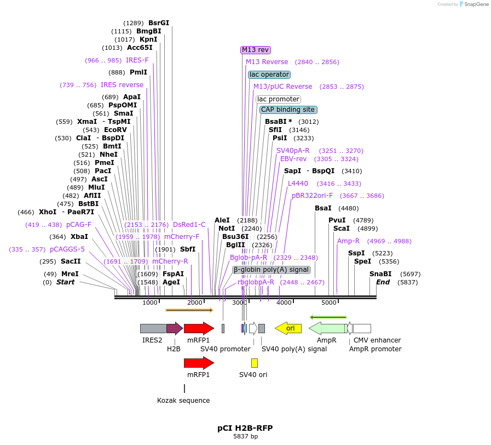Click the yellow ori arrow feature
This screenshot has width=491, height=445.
pos(288,328)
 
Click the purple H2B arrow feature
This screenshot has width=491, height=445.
pos(174,328)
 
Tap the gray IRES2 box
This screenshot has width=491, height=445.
pos(153,328)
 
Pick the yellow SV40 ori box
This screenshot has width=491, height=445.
pos(254,363)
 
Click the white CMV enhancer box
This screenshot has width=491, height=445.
pos(362,328)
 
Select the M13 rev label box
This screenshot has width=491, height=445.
pos(256,50)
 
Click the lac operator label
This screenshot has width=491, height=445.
pos(269,75)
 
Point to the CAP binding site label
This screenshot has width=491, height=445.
pos(288,110)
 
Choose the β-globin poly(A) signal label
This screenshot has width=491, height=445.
pos(272,270)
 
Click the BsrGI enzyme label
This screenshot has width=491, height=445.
pos(159,23)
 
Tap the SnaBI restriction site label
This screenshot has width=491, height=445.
pos(380,274)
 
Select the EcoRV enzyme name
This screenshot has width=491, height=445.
pos(115,130)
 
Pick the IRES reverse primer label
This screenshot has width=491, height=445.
pos(122,85)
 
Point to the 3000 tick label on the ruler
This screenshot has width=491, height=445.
pos(239,303)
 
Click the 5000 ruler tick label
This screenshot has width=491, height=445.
pos(328,303)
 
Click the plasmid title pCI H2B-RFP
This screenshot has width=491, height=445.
pos(245,428)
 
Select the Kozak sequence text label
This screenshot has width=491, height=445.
pos(183,401)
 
